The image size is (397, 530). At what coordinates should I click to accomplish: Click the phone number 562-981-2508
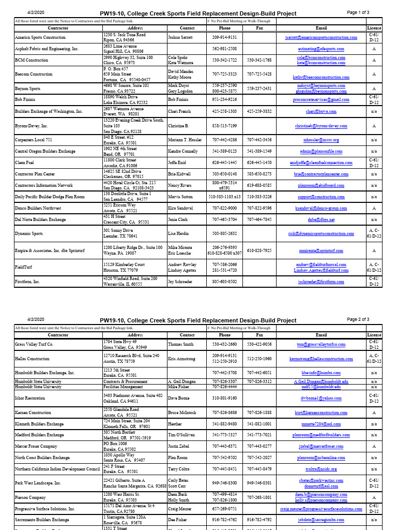[225, 49]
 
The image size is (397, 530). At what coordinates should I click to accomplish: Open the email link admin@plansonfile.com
[321, 151]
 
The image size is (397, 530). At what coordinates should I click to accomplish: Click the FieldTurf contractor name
[25, 267]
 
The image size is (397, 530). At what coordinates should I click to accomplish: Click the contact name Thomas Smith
[181, 345]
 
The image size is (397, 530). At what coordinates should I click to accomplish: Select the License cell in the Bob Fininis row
[374, 99]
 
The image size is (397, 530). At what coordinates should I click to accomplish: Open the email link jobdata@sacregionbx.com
[321, 520]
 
